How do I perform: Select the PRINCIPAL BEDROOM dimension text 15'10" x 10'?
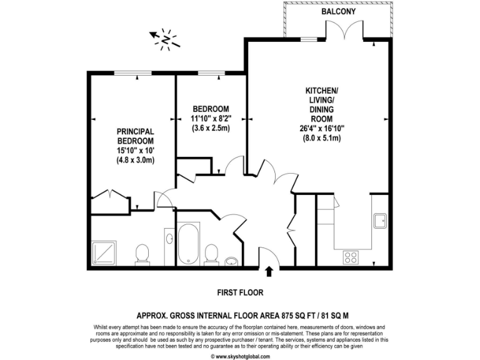click(135, 151)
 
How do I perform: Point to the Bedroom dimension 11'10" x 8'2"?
click(211, 118)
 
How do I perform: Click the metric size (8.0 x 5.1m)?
click(321, 138)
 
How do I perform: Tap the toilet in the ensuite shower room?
click(142, 254)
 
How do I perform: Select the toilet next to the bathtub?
click(211, 253)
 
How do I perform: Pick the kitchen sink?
click(379, 221)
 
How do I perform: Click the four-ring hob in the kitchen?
click(350, 257)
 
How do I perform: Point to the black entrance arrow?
click(269, 271)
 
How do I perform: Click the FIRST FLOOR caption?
click(240, 292)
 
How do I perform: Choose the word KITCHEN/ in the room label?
click(321, 91)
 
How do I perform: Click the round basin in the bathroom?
click(232, 261)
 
